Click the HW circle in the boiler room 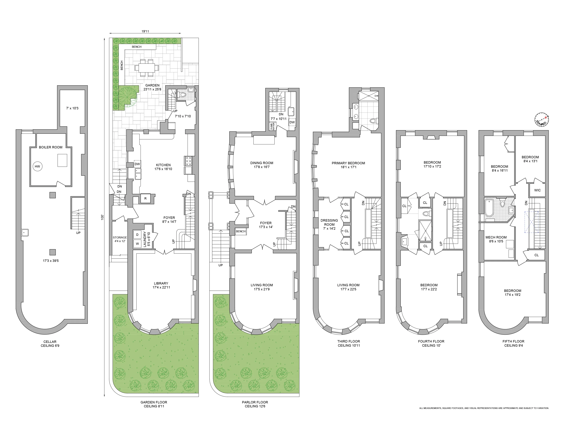tap(37, 166)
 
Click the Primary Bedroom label tap(348, 165)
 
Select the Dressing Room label tap(329, 224)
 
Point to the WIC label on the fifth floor tap(537, 190)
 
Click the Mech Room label tap(496, 239)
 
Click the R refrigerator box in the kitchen tap(145, 198)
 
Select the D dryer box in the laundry tap(137, 235)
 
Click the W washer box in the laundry tap(137, 244)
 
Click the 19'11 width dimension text tap(145, 31)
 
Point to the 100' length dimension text tap(102, 217)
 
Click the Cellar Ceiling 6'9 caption tap(50, 344)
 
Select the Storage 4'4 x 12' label tap(120, 239)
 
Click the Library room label tap(161, 285)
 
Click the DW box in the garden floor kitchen tap(137, 164)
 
